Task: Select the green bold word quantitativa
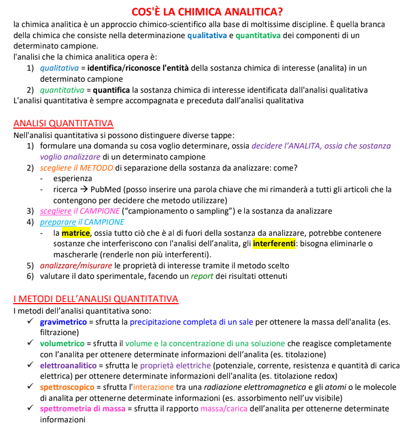click(x=260, y=35)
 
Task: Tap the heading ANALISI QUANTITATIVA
click(x=63, y=124)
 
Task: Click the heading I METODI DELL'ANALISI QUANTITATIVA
click(x=95, y=299)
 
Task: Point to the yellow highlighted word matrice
click(x=76, y=233)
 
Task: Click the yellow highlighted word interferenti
click(x=274, y=244)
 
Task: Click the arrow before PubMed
click(x=84, y=189)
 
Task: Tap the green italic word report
click(x=202, y=277)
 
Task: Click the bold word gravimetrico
click(x=63, y=321)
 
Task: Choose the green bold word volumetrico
click(x=62, y=343)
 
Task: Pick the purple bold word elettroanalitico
click(x=68, y=366)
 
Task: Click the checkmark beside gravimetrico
click(x=31, y=321)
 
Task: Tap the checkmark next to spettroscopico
click(x=31, y=388)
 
